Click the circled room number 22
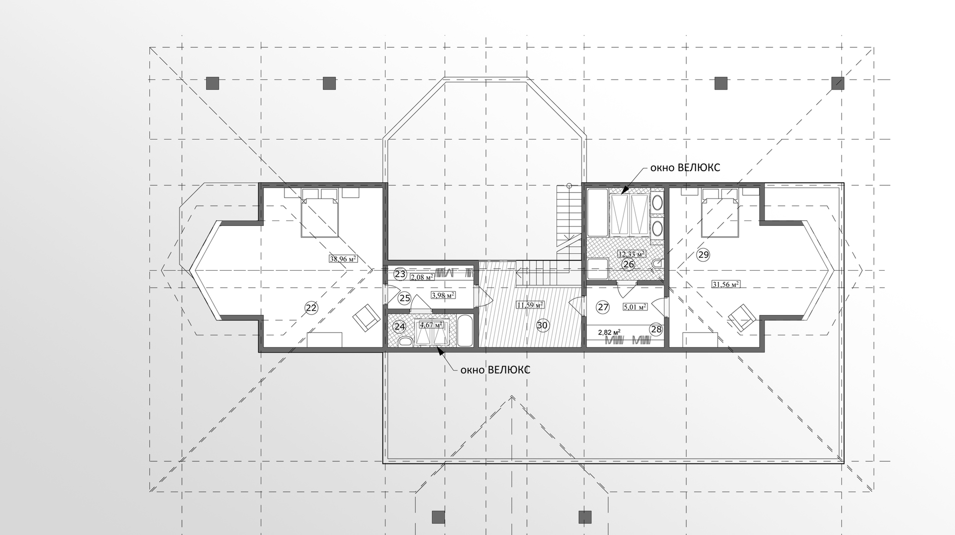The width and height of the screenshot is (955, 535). tap(311, 308)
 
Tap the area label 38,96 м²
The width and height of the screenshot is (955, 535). tap(344, 259)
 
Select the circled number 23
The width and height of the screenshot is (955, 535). tap(400, 274)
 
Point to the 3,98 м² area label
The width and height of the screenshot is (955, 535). tap(444, 295)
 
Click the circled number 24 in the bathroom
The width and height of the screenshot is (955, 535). tap(399, 327)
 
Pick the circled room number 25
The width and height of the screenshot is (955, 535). tap(405, 299)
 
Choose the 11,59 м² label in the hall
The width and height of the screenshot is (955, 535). tap(530, 305)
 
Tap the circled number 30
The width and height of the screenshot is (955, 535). tap(542, 325)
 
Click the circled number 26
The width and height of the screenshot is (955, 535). tap(629, 264)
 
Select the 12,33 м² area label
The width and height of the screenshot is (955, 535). tap(632, 254)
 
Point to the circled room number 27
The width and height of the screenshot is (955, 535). tap(603, 307)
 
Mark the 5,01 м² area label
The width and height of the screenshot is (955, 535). tap(635, 307)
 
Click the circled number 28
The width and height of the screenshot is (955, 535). tap(657, 329)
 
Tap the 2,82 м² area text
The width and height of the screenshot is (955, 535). tap(609, 332)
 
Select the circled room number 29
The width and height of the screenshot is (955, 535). tap(703, 255)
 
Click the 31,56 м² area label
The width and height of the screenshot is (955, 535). tap(726, 284)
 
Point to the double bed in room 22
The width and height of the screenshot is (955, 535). tap(319, 217)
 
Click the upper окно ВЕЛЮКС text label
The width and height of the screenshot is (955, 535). tap(685, 168)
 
